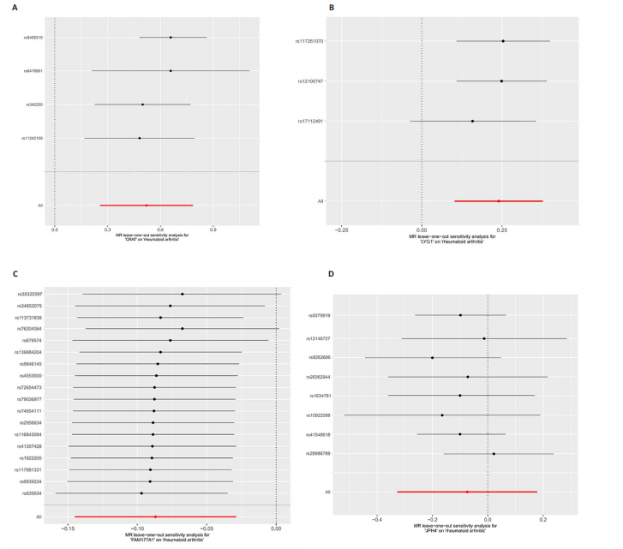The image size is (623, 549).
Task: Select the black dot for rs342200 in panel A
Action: (x=142, y=104)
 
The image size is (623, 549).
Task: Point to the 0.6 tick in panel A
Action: (x=160, y=230)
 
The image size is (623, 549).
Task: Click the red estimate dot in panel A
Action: (x=147, y=206)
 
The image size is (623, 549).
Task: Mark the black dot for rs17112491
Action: (x=472, y=121)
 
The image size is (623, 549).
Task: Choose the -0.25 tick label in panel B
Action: (x=341, y=230)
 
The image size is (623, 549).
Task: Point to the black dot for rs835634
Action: (x=141, y=493)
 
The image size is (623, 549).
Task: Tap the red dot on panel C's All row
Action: (x=155, y=517)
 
